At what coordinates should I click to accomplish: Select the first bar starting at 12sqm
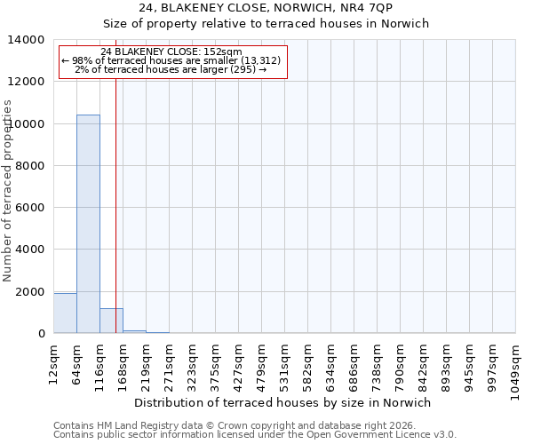pos(65,313)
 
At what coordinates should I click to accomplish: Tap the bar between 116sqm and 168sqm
pos(111,321)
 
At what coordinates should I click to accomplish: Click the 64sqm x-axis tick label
pos(76,361)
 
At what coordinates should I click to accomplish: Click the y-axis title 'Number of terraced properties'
pos(8,190)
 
